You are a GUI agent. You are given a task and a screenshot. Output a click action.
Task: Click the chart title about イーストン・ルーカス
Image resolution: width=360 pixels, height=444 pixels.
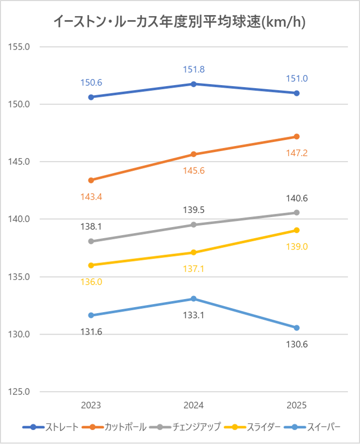pyautogui.click(x=179, y=22)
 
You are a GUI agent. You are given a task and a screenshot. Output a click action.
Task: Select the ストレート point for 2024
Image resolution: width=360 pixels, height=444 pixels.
pyautogui.click(x=194, y=84)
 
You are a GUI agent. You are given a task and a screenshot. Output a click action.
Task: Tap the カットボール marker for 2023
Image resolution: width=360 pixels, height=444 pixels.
pyautogui.click(x=91, y=180)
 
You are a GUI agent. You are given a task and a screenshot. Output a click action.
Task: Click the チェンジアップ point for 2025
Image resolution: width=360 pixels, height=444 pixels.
pyautogui.click(x=297, y=212)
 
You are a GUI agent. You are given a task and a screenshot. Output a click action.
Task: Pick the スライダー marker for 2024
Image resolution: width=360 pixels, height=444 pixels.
pyautogui.click(x=194, y=252)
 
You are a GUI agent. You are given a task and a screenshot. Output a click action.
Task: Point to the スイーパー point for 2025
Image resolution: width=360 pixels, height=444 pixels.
pyautogui.click(x=297, y=327)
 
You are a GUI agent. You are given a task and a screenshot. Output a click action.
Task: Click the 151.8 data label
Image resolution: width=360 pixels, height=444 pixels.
pyautogui.click(x=194, y=70)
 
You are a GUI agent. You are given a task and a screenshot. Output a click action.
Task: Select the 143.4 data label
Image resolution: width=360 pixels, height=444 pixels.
pyautogui.click(x=91, y=196)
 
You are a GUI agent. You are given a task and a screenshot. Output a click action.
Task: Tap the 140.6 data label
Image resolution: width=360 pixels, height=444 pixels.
pyautogui.click(x=297, y=199)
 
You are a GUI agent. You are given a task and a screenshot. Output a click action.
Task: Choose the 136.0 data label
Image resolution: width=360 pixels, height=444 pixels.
pyautogui.click(x=91, y=282)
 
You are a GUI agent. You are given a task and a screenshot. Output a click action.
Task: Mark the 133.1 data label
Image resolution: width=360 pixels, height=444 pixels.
pyautogui.click(x=194, y=315)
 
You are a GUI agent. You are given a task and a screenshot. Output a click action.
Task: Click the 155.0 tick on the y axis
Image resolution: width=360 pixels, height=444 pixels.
pyautogui.click(x=20, y=47)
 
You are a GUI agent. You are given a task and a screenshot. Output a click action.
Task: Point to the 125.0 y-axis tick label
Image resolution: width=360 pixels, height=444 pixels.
pyautogui.click(x=20, y=392)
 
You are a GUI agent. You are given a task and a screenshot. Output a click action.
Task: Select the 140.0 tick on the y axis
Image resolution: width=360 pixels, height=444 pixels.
pyautogui.click(x=20, y=219)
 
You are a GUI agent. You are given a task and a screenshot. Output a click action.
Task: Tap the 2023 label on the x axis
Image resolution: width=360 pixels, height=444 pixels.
pyautogui.click(x=91, y=405)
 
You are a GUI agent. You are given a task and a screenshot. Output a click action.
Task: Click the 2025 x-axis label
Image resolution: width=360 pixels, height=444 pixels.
pyautogui.click(x=297, y=405)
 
